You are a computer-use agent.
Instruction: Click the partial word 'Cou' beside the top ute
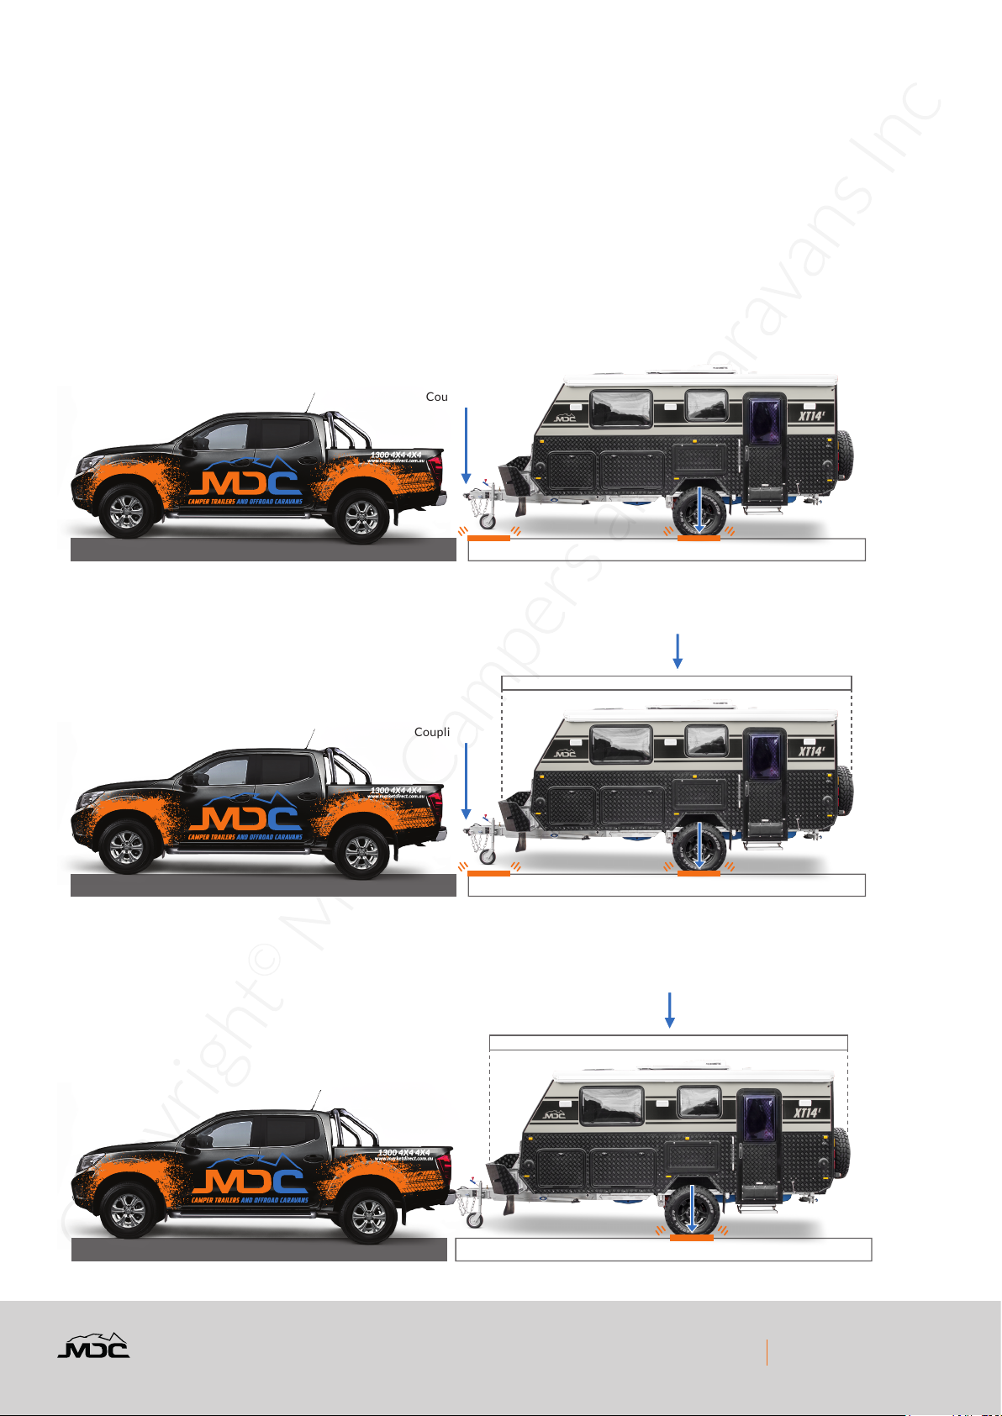436,397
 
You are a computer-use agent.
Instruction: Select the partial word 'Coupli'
432,732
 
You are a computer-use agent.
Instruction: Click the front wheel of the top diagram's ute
127,511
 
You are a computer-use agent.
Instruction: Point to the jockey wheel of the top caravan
487,521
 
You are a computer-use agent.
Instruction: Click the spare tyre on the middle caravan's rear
845,792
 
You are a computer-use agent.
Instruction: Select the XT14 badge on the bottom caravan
808,1113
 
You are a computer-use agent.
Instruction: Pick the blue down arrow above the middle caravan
678,651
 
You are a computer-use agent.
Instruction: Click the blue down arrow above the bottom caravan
670,1010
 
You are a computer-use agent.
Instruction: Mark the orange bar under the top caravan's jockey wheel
488,538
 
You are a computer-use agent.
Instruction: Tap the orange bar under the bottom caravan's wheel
691,1237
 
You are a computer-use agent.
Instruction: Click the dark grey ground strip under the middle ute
263,885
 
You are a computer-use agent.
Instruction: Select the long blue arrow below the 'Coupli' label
466,781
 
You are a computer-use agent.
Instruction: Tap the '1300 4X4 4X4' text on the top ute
395,455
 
